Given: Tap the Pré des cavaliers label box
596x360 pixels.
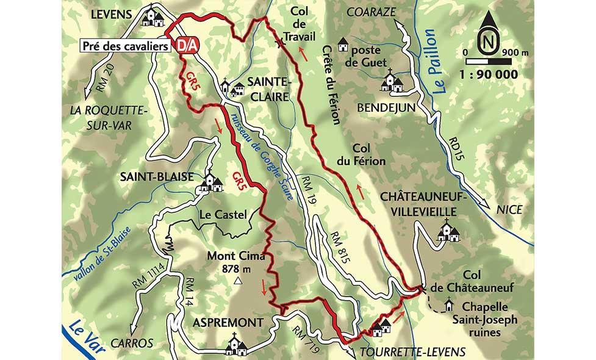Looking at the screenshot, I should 127,46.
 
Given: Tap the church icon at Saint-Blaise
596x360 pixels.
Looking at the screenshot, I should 210,182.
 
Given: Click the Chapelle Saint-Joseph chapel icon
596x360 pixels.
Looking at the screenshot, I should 450,303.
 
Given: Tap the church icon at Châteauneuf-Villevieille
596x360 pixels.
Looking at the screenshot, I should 448,232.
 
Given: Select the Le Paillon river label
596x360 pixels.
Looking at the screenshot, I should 441,61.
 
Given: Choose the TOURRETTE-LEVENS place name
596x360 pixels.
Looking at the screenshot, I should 413,351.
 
